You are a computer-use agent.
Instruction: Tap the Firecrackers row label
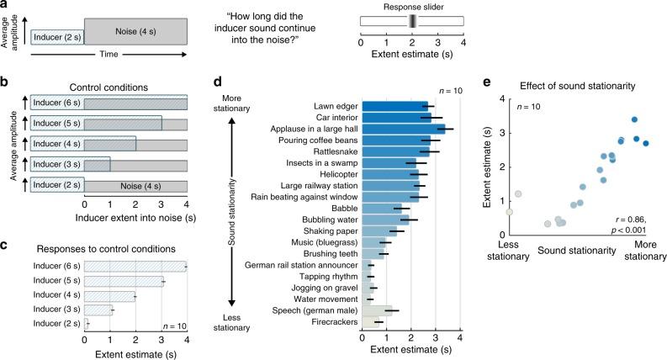[x=333, y=321]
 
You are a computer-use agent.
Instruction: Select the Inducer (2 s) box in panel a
[x=56, y=35]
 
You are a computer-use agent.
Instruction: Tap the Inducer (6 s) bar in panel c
[x=135, y=267]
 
